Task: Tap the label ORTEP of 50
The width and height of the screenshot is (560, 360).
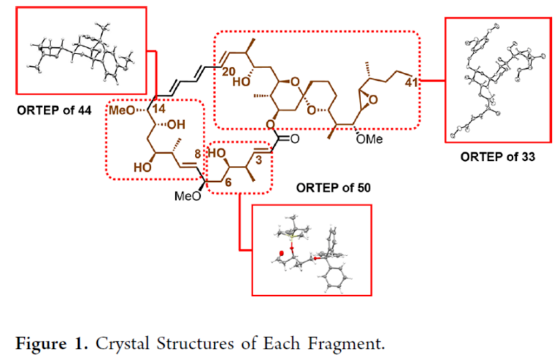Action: tap(329, 189)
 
